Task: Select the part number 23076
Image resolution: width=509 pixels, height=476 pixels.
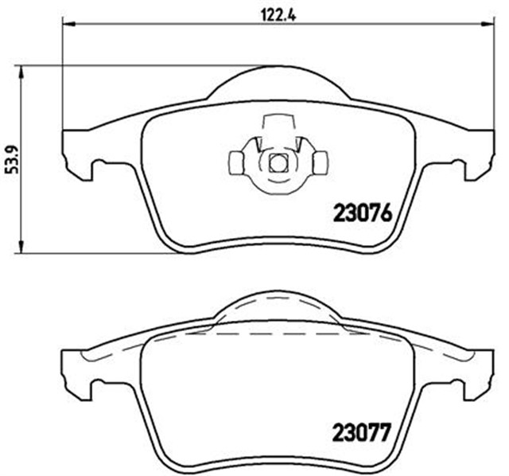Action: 362,214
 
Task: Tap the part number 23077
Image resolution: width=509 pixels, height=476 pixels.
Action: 362,435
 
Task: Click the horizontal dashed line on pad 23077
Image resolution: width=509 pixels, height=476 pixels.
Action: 277,334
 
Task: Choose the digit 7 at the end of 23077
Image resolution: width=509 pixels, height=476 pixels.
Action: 387,435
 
